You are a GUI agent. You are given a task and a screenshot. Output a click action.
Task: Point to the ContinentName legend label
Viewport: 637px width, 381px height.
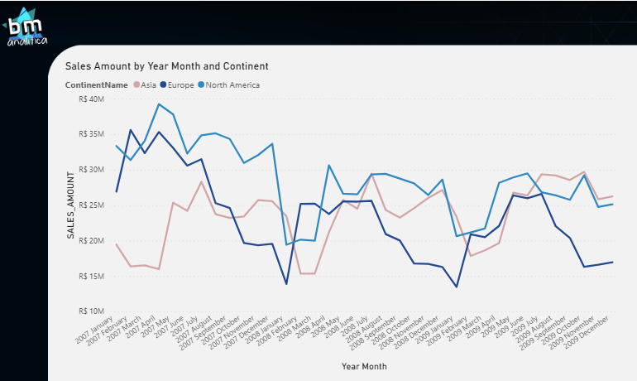tap(98, 84)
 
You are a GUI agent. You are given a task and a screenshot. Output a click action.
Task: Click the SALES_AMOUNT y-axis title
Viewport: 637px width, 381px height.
tap(72, 205)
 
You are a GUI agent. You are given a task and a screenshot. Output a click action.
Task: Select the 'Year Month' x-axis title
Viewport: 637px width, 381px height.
tap(363, 365)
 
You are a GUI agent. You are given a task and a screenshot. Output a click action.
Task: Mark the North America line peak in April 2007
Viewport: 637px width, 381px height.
tap(159, 104)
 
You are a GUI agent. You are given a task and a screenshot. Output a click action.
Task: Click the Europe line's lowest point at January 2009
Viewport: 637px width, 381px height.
tap(456, 287)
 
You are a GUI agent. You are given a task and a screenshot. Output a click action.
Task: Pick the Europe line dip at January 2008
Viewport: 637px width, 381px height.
tap(286, 284)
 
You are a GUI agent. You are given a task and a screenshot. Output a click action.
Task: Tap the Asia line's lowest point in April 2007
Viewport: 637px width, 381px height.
tap(159, 269)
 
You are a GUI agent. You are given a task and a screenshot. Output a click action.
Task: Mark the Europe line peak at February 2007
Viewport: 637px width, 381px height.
tap(131, 130)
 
